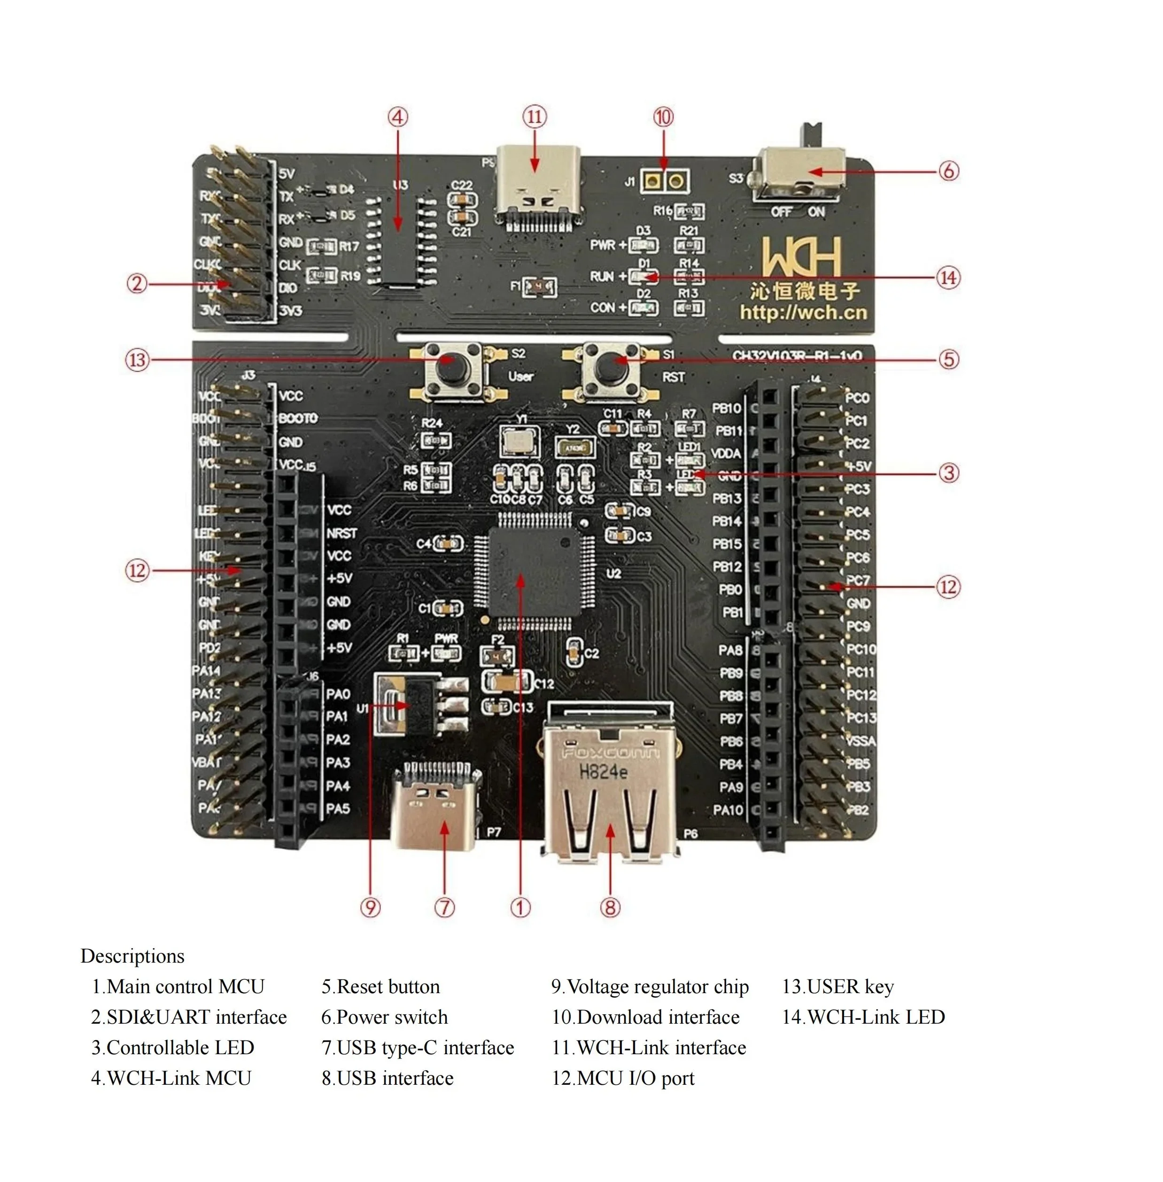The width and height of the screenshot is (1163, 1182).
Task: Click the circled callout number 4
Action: [398, 117]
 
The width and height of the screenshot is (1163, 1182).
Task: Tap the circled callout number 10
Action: [663, 117]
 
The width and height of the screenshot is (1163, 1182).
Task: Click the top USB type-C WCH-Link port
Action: [537, 187]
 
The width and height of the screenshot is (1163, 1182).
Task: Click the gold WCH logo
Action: [802, 257]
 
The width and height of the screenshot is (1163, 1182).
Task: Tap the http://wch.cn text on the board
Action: [803, 313]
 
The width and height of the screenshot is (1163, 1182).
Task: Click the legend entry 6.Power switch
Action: [384, 1017]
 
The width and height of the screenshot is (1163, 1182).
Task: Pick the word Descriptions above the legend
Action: [132, 956]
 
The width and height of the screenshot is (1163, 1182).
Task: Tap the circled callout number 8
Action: [610, 907]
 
